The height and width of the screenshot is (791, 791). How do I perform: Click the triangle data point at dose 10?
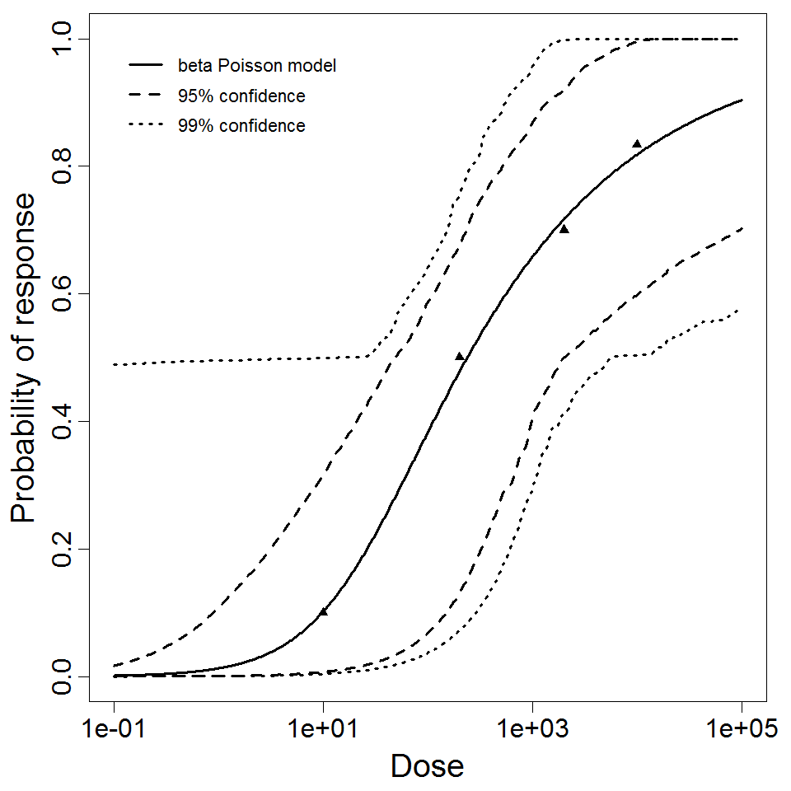pos(323,611)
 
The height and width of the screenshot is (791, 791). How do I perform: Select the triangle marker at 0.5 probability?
pos(460,356)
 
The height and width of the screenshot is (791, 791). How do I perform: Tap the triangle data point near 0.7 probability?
pos(564,228)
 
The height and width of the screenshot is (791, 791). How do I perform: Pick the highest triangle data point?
pos(637,143)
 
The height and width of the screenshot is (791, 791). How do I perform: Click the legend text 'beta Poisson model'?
pos(256,66)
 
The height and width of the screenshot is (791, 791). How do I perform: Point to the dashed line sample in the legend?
pos(146,96)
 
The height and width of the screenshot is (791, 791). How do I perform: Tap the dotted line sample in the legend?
pos(146,126)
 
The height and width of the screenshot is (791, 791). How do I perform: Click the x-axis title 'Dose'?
pos(427,766)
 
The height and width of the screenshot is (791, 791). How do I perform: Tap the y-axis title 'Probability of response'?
pos(25,358)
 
